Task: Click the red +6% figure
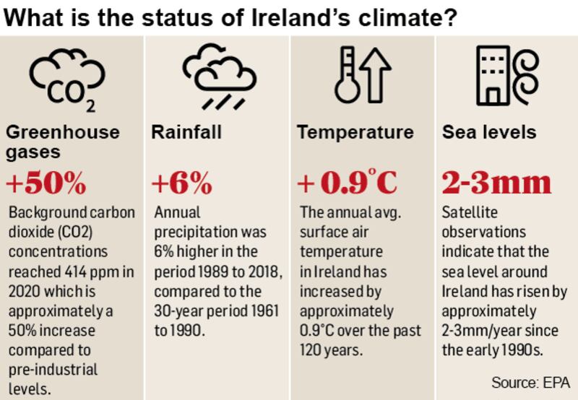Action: click(x=182, y=184)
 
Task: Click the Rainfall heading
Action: click(x=186, y=133)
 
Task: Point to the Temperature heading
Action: click(x=355, y=133)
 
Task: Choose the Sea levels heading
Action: click(x=489, y=133)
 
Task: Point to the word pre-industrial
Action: click(x=51, y=370)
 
